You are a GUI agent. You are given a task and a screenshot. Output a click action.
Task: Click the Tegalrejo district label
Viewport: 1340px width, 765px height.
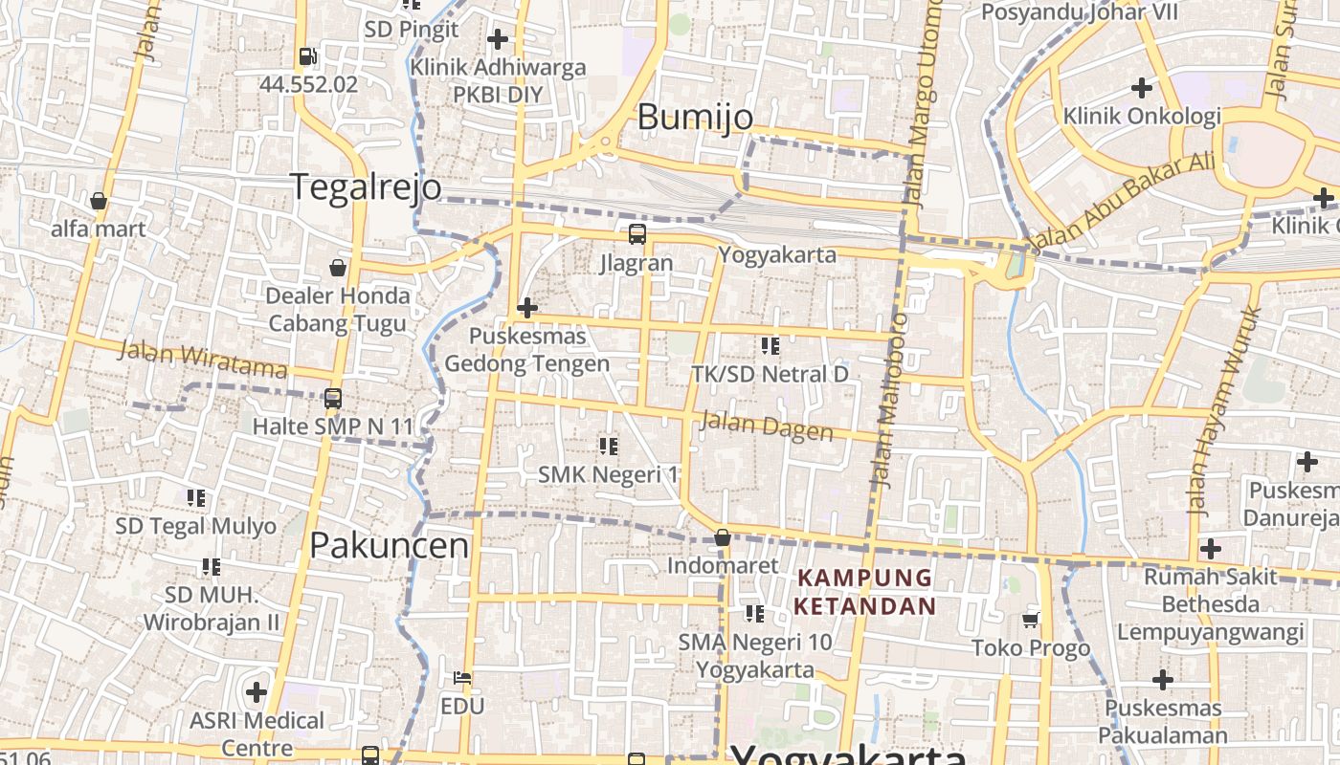(365, 186)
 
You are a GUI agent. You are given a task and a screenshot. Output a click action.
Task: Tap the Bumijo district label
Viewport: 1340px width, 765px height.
(694, 117)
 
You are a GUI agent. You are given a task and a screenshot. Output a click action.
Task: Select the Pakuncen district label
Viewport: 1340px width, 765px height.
(390, 545)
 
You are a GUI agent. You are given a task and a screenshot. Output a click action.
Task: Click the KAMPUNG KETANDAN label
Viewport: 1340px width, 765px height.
(864, 592)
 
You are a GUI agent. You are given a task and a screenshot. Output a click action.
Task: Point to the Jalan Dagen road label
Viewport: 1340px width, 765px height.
(767, 426)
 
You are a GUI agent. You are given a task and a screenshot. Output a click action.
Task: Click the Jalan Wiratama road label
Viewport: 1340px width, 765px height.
(202, 360)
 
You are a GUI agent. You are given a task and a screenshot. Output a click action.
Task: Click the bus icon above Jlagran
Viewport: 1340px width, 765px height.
(636, 233)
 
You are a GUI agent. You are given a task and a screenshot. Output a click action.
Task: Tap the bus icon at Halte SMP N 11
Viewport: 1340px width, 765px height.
(333, 398)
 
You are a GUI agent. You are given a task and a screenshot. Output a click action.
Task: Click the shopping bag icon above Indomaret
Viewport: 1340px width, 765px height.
(723, 537)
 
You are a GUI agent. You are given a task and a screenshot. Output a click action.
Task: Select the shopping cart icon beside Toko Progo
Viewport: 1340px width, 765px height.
(1031, 620)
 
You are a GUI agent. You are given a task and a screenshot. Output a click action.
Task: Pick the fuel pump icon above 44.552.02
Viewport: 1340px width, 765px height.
(307, 56)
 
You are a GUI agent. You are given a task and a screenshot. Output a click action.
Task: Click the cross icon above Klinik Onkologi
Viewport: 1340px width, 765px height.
(1141, 88)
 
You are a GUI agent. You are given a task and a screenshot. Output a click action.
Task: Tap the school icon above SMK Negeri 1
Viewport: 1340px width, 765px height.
(608, 446)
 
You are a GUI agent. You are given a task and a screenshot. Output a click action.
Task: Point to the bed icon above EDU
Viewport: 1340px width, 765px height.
(462, 678)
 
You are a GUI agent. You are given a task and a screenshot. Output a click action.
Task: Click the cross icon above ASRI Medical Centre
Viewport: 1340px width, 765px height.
(257, 691)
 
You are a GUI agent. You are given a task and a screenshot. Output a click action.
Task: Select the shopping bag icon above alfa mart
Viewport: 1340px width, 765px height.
(98, 201)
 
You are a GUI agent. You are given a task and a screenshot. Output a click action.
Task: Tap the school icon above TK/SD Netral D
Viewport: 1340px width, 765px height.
(770, 345)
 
